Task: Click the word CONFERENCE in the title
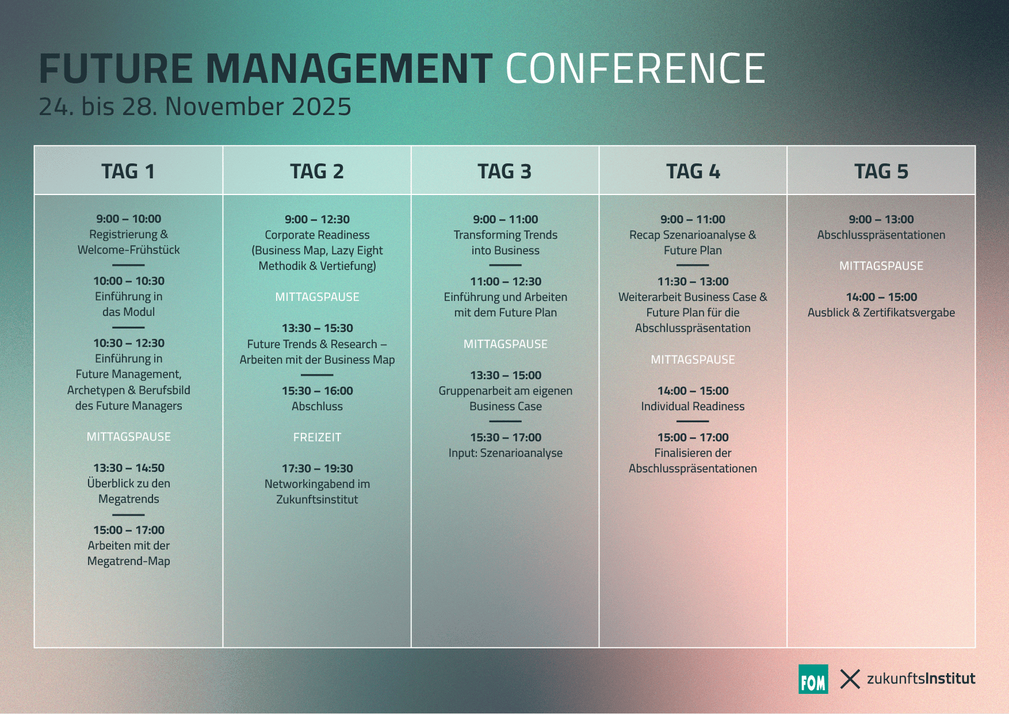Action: click(635, 68)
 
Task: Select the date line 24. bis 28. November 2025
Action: click(195, 107)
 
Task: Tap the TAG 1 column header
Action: click(128, 171)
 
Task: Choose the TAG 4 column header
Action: click(693, 171)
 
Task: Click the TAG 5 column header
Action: click(881, 171)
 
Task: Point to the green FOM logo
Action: click(813, 679)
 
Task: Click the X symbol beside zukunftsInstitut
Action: click(850, 679)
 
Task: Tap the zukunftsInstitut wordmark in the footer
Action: click(921, 679)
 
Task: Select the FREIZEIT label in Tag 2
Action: click(317, 437)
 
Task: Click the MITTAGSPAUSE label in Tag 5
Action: click(881, 266)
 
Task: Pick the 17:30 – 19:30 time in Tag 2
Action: click(317, 468)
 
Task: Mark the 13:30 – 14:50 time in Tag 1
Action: click(129, 468)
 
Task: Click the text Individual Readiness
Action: click(693, 406)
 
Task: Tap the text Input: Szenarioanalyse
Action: click(506, 453)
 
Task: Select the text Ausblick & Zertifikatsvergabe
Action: click(881, 312)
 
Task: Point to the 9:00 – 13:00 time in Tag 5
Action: click(881, 219)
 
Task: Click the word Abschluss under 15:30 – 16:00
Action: click(317, 406)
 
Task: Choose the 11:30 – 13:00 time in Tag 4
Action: click(693, 281)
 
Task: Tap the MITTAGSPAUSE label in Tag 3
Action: click(506, 344)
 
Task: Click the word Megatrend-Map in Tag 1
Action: click(129, 561)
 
